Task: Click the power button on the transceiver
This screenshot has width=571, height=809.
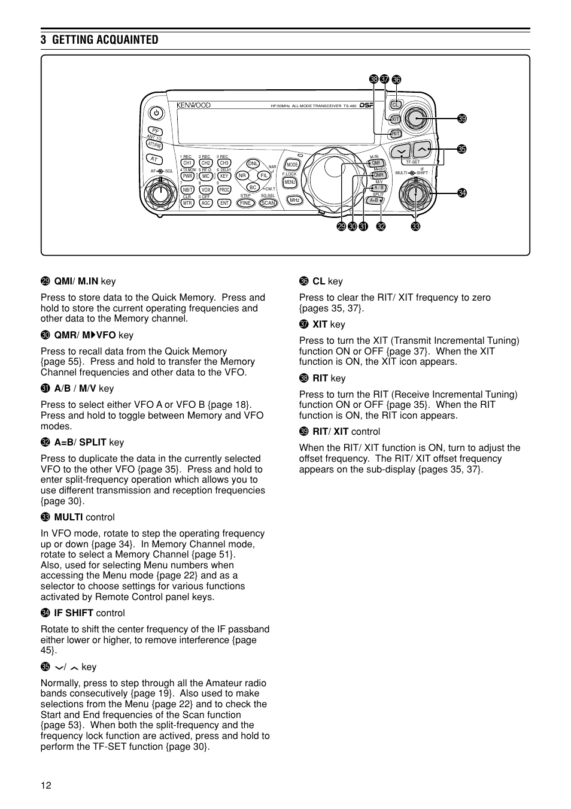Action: click(x=156, y=113)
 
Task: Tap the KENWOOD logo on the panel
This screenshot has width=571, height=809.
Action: click(x=193, y=105)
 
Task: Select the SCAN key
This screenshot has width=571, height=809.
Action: click(x=268, y=203)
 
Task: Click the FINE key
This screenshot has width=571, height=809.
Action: click(x=245, y=203)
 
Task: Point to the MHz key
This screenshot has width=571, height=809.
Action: click(x=294, y=200)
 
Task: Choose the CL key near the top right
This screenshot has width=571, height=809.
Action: click(x=395, y=105)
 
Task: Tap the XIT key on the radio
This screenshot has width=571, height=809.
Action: click(x=395, y=119)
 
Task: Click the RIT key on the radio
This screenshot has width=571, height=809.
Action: click(x=395, y=134)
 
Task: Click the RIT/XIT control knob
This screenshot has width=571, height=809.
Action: click(x=415, y=119)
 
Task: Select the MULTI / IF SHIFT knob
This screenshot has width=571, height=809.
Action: click(x=415, y=193)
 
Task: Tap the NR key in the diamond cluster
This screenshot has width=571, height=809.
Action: click(x=242, y=175)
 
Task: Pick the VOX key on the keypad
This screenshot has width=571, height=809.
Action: click(x=206, y=190)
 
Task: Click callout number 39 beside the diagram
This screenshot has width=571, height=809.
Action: click(x=462, y=119)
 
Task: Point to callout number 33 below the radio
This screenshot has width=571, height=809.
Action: click(x=415, y=226)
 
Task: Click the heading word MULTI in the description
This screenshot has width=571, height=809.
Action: click(x=68, y=517)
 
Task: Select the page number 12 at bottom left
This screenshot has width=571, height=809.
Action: click(x=46, y=786)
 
